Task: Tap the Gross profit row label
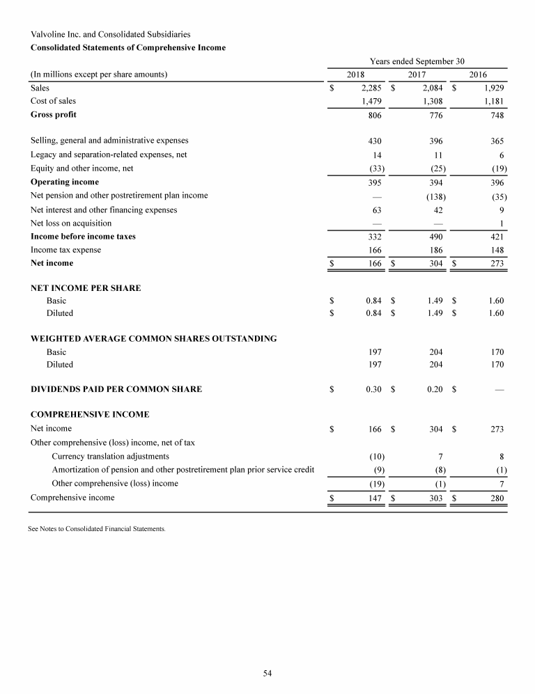pyautogui.click(x=54, y=114)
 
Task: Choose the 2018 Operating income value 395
pyautogui.click(x=373, y=182)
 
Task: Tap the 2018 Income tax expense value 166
pyautogui.click(x=373, y=250)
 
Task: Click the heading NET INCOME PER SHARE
pyautogui.click(x=86, y=288)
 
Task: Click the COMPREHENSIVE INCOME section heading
pyautogui.click(x=90, y=414)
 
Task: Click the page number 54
pyautogui.click(x=267, y=672)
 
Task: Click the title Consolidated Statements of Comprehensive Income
pyautogui.click(x=128, y=47)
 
